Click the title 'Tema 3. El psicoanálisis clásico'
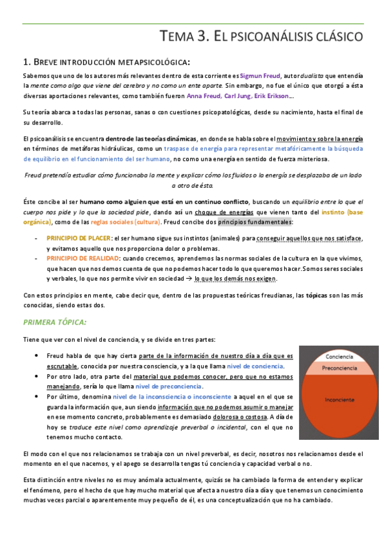pos(261,37)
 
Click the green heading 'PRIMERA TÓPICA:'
pos(54,321)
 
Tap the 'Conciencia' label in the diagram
pos(339,357)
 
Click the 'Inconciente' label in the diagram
pos(339,399)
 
